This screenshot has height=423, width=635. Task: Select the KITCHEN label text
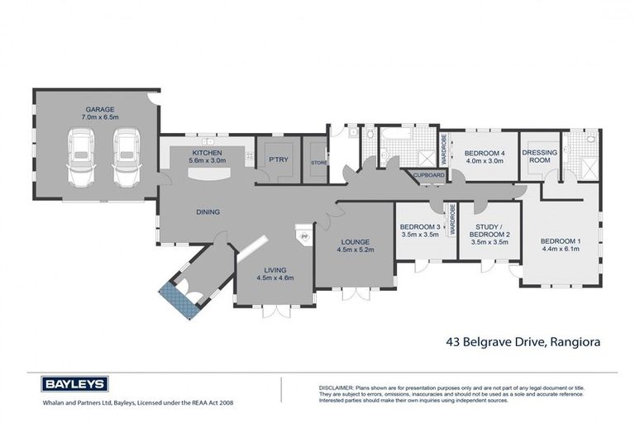(207, 153)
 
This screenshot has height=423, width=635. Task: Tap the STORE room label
(318, 163)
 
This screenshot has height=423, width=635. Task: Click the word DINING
(207, 212)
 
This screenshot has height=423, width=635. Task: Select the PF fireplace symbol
(303, 236)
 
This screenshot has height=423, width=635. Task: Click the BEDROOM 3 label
(420, 227)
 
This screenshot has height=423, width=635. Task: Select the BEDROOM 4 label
(485, 154)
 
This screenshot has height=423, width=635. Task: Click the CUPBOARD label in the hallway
(428, 175)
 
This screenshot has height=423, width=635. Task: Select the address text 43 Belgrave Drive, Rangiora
(523, 340)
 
